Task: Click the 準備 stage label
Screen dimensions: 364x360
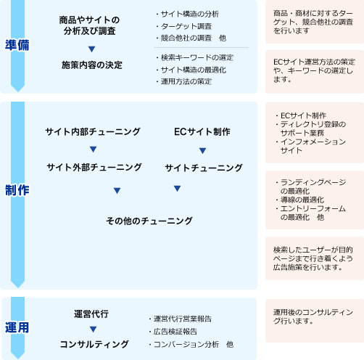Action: coord(17,45)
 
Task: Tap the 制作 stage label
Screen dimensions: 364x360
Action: coord(17,190)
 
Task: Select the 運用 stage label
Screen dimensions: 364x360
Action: coord(17,327)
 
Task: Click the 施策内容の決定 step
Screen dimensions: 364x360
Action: coord(92,65)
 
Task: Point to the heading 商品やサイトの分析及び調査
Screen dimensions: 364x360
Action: coord(89,25)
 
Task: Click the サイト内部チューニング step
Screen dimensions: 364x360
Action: coord(93,131)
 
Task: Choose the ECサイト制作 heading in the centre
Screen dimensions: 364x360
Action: coord(202,131)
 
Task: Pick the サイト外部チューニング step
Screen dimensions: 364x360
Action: coord(94,167)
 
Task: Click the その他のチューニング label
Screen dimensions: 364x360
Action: coord(149,221)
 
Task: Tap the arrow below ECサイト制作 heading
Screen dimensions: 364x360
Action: coord(202,150)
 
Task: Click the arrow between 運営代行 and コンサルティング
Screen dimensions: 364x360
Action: coord(93,329)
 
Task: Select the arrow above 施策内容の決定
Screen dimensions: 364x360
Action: coord(91,49)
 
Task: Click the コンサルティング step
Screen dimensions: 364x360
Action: coord(94,344)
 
